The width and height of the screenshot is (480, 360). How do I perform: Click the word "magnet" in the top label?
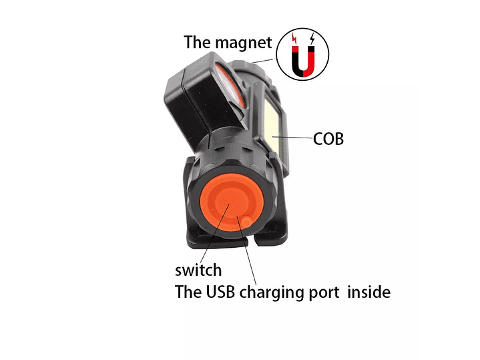tap(244, 43)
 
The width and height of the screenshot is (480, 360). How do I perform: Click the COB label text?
tap(328, 139)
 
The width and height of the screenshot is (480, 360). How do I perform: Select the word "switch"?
tap(198, 270)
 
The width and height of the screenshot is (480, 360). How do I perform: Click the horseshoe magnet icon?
tap(303, 61)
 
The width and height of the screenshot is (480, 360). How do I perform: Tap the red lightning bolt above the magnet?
tap(294, 39)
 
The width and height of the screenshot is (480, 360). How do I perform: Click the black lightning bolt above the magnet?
tap(312, 39)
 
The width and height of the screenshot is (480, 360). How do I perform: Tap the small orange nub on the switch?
tap(247, 222)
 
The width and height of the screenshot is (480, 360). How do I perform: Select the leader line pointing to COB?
tap(292, 138)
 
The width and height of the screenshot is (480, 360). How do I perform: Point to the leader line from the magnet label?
tap(262, 61)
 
